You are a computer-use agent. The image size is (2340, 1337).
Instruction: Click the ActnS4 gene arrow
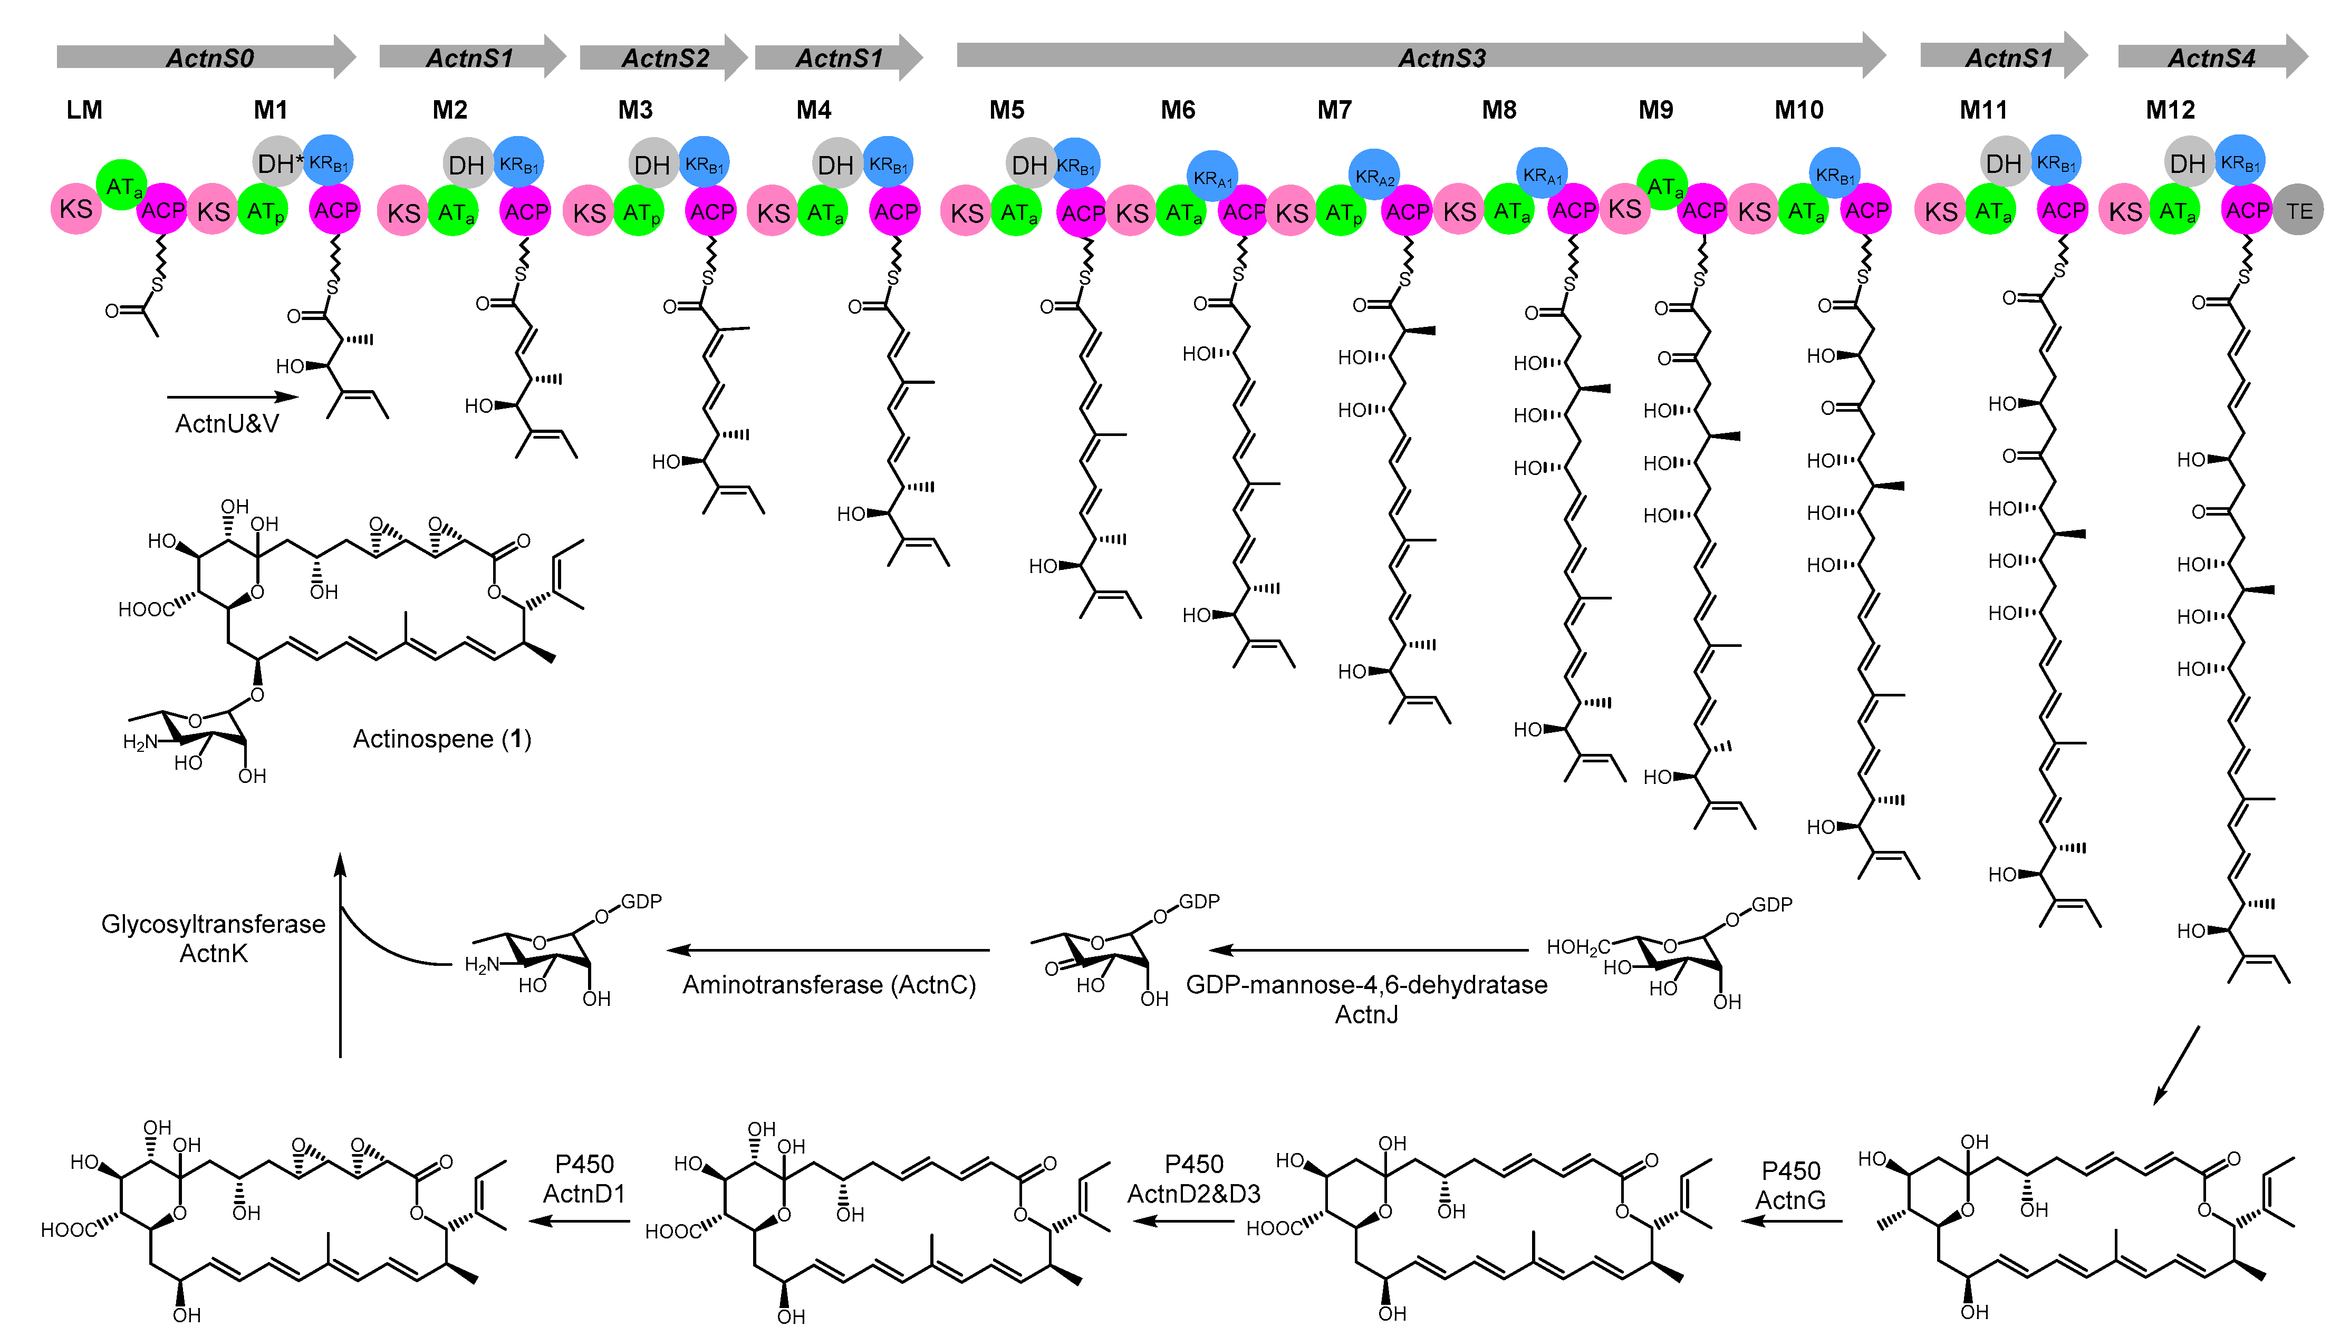click(2211, 57)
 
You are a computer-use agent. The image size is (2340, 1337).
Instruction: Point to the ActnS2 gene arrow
click(665, 57)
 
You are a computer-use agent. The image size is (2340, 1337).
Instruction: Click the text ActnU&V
click(227, 423)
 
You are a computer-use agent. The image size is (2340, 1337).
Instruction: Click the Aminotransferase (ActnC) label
click(829, 984)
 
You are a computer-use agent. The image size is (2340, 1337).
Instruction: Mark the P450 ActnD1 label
click(584, 1179)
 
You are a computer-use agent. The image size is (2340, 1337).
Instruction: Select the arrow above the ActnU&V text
click(233, 396)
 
